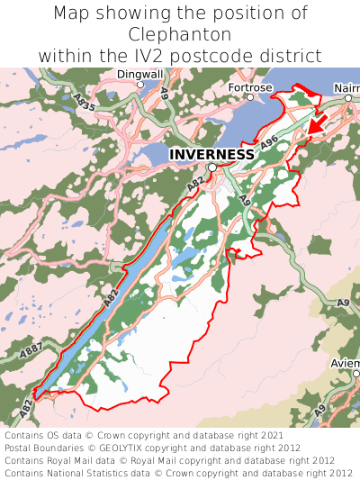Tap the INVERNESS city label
tap(211, 154)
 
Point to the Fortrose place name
tap(249, 87)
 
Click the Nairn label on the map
tap(346, 87)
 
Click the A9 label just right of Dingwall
tap(164, 92)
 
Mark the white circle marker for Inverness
tap(212, 168)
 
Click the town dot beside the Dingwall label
tap(139, 85)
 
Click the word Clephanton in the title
tap(180, 34)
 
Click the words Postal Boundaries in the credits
tap(44, 448)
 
